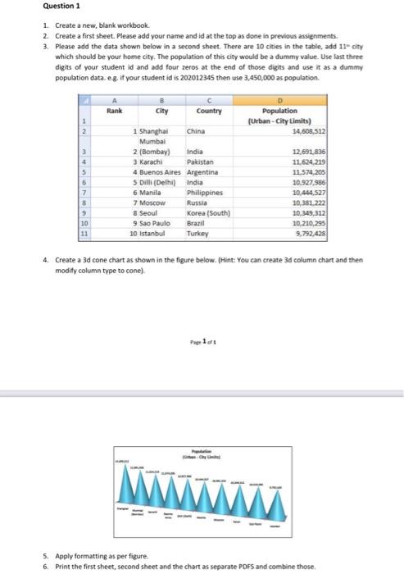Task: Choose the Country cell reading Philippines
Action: [206, 192]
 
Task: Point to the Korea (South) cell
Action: [210, 212]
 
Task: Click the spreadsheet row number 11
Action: [84, 232]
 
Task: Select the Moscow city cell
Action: [152, 202]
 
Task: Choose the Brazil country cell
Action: [197, 221]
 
